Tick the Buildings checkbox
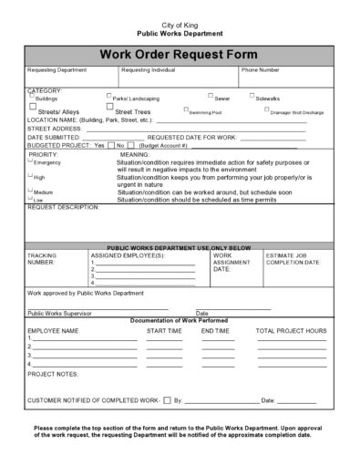click(31, 95)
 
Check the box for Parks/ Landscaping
click(109, 95)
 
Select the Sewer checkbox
click(211, 95)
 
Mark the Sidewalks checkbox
click(252, 95)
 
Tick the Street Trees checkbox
click(109, 109)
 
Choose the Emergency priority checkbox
click(31, 161)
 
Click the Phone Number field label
click(260, 69)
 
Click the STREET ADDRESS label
click(57, 129)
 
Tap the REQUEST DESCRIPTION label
click(64, 207)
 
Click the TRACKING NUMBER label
click(43, 258)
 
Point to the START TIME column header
click(164, 331)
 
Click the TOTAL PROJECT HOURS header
click(291, 331)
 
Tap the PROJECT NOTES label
click(54, 374)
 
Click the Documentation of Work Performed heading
click(179, 321)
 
